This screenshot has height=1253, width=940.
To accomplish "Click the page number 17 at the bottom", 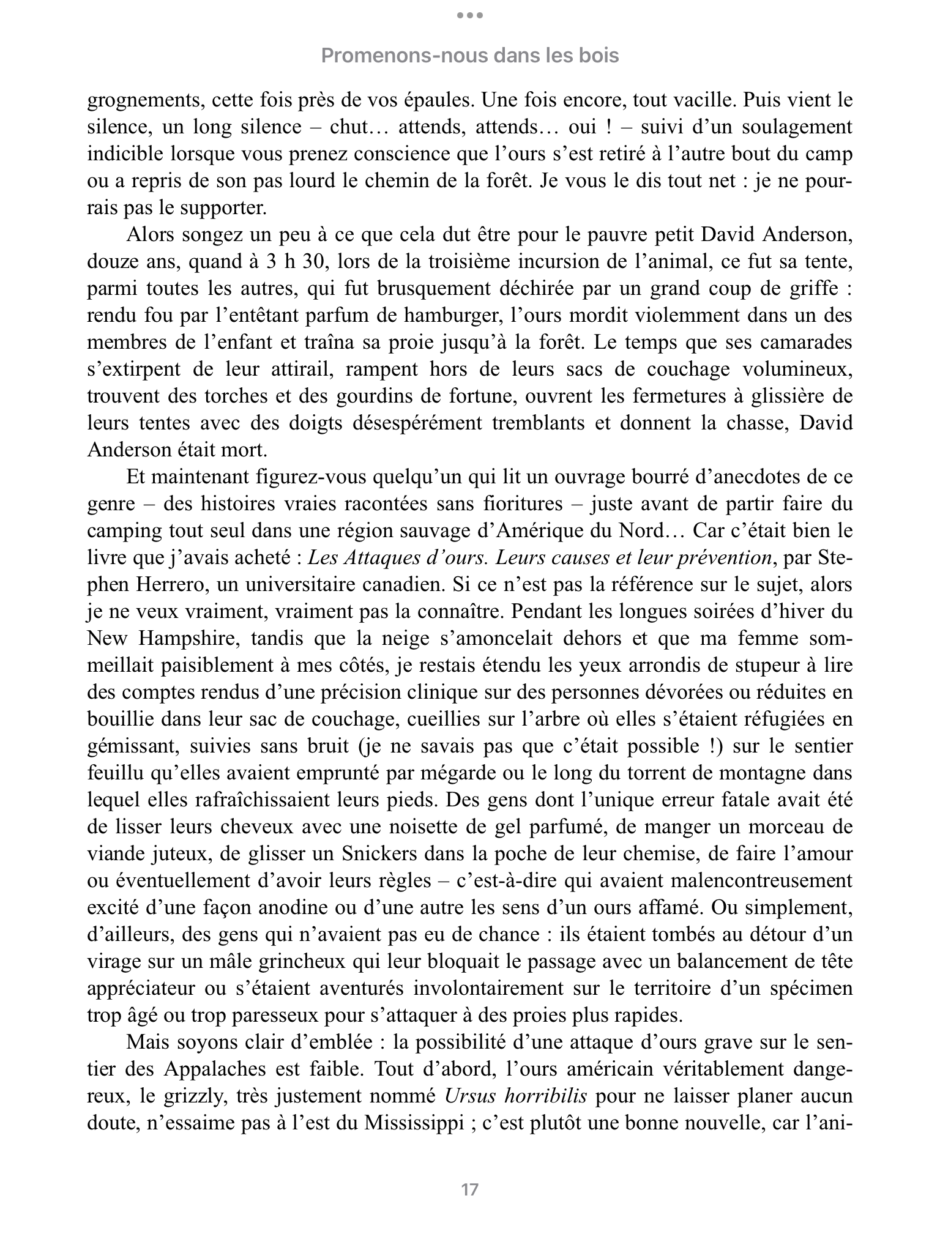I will pos(469,1189).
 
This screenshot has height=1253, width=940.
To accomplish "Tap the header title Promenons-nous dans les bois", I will pos(469,56).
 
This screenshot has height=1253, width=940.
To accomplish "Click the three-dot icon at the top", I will pos(469,15).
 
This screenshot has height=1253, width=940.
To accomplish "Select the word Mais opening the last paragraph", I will pos(147,1043).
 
